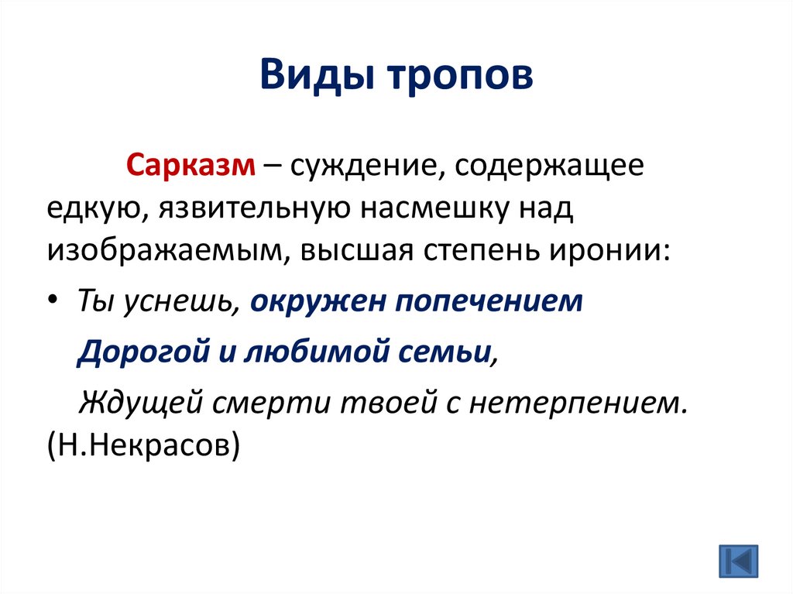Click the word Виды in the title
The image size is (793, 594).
click(x=304, y=78)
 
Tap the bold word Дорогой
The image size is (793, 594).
click(x=139, y=353)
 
